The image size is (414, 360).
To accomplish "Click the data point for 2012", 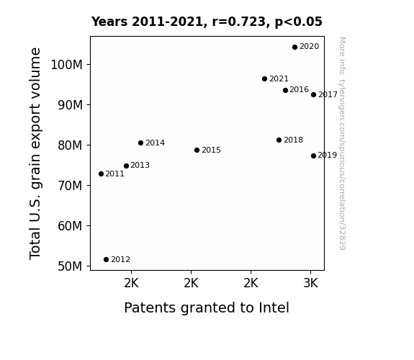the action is coord(106,260).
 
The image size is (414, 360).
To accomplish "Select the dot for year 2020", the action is coord(295,48).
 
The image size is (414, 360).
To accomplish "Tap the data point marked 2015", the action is coord(197,150).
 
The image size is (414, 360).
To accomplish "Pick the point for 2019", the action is coord(313,156).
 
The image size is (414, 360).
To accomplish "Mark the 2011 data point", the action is coord(101,174).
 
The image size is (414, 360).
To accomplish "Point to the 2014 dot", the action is coord(140,143).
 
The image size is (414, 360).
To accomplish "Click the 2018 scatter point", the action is coord(279,140).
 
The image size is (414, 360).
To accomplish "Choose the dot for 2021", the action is coord(264,78).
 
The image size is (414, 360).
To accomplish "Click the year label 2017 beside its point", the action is coord(328,94).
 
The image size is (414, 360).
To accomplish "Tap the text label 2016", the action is coord(299,90).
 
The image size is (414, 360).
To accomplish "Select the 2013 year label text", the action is coord(140,166).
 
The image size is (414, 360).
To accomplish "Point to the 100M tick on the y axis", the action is coord(66,65).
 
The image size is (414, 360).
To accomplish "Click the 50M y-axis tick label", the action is coord(70,266).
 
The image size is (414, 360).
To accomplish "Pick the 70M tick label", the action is coord(70,186).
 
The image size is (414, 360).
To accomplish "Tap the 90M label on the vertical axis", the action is coord(70,105).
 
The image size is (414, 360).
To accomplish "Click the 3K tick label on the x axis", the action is coord(311,284).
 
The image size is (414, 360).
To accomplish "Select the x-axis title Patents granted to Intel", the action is coord(207,308).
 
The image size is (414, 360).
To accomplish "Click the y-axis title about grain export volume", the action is coord(35,153).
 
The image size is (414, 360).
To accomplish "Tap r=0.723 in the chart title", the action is coord(239,22).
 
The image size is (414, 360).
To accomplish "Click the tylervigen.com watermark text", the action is coord(342,143).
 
